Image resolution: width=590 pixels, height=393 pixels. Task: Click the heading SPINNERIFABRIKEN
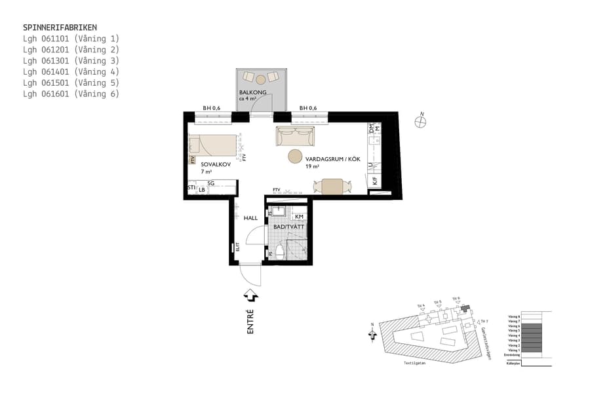point(60,28)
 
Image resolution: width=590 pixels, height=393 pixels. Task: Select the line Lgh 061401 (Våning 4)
point(71,71)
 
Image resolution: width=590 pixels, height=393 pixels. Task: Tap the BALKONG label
point(253,93)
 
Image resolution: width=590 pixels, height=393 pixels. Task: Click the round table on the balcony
point(260,79)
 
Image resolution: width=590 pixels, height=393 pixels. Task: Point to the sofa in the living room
point(295,137)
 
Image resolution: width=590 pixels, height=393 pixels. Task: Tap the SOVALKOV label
point(214,164)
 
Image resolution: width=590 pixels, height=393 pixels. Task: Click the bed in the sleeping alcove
point(213,144)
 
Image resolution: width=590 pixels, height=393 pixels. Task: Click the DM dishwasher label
point(370,129)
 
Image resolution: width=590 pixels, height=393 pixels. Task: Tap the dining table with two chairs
point(332,186)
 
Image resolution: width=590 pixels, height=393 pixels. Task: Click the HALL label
point(250,217)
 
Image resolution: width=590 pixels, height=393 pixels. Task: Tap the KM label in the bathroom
point(298,216)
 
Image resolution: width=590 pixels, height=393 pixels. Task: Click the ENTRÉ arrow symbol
point(250,296)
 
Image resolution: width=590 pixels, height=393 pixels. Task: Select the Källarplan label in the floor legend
point(513,362)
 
